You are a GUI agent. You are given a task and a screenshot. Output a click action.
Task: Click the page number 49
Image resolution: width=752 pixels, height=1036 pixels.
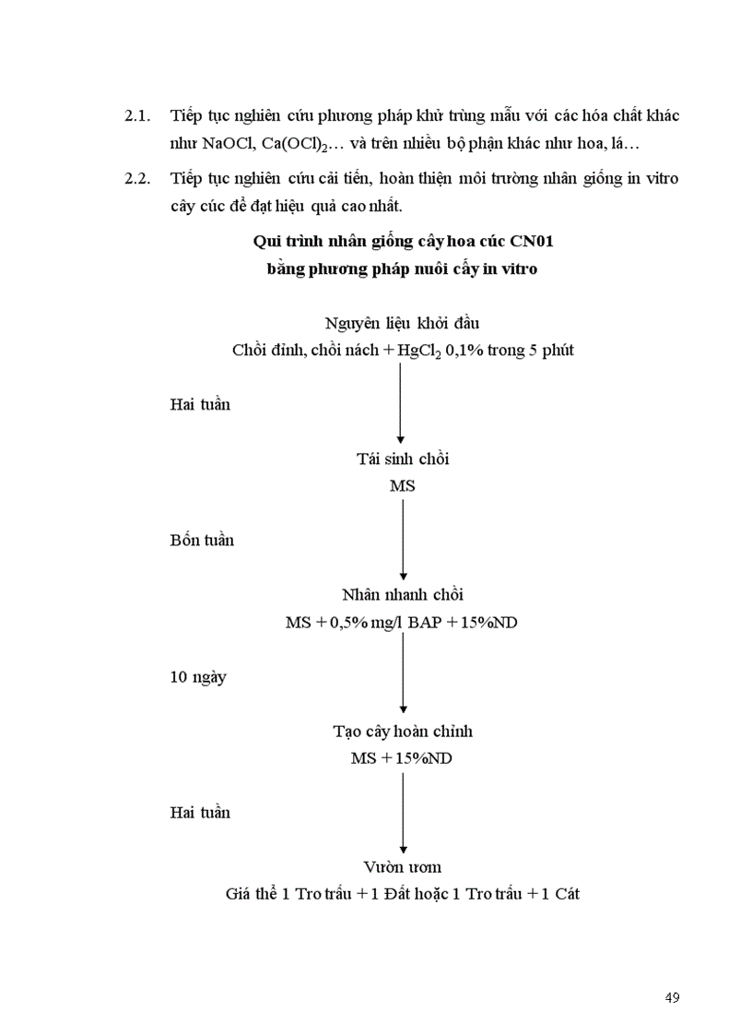click(671, 997)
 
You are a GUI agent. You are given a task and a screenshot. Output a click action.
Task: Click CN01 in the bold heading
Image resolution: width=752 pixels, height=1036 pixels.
click(529, 242)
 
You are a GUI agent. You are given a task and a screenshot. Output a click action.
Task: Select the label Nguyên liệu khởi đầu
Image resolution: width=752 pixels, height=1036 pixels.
click(403, 323)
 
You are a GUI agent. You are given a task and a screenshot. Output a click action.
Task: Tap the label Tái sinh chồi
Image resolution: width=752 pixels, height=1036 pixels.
click(403, 458)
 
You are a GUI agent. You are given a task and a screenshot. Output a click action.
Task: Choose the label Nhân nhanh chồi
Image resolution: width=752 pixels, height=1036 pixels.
click(403, 595)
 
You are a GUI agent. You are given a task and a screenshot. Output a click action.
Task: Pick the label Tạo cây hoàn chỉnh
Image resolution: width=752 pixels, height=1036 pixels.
click(403, 731)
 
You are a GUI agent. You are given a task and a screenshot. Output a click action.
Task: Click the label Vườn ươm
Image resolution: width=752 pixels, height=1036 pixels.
click(403, 866)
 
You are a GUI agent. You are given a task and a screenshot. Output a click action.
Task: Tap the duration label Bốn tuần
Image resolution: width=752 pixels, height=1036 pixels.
click(202, 540)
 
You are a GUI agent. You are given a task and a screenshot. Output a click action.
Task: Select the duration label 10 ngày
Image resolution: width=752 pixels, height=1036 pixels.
click(198, 676)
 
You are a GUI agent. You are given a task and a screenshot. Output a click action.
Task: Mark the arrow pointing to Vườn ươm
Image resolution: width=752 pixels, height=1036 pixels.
click(403, 812)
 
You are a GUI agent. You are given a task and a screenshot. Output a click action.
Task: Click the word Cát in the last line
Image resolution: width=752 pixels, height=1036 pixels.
click(565, 894)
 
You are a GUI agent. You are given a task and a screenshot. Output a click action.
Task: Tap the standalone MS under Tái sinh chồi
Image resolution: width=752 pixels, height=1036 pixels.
click(403, 485)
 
